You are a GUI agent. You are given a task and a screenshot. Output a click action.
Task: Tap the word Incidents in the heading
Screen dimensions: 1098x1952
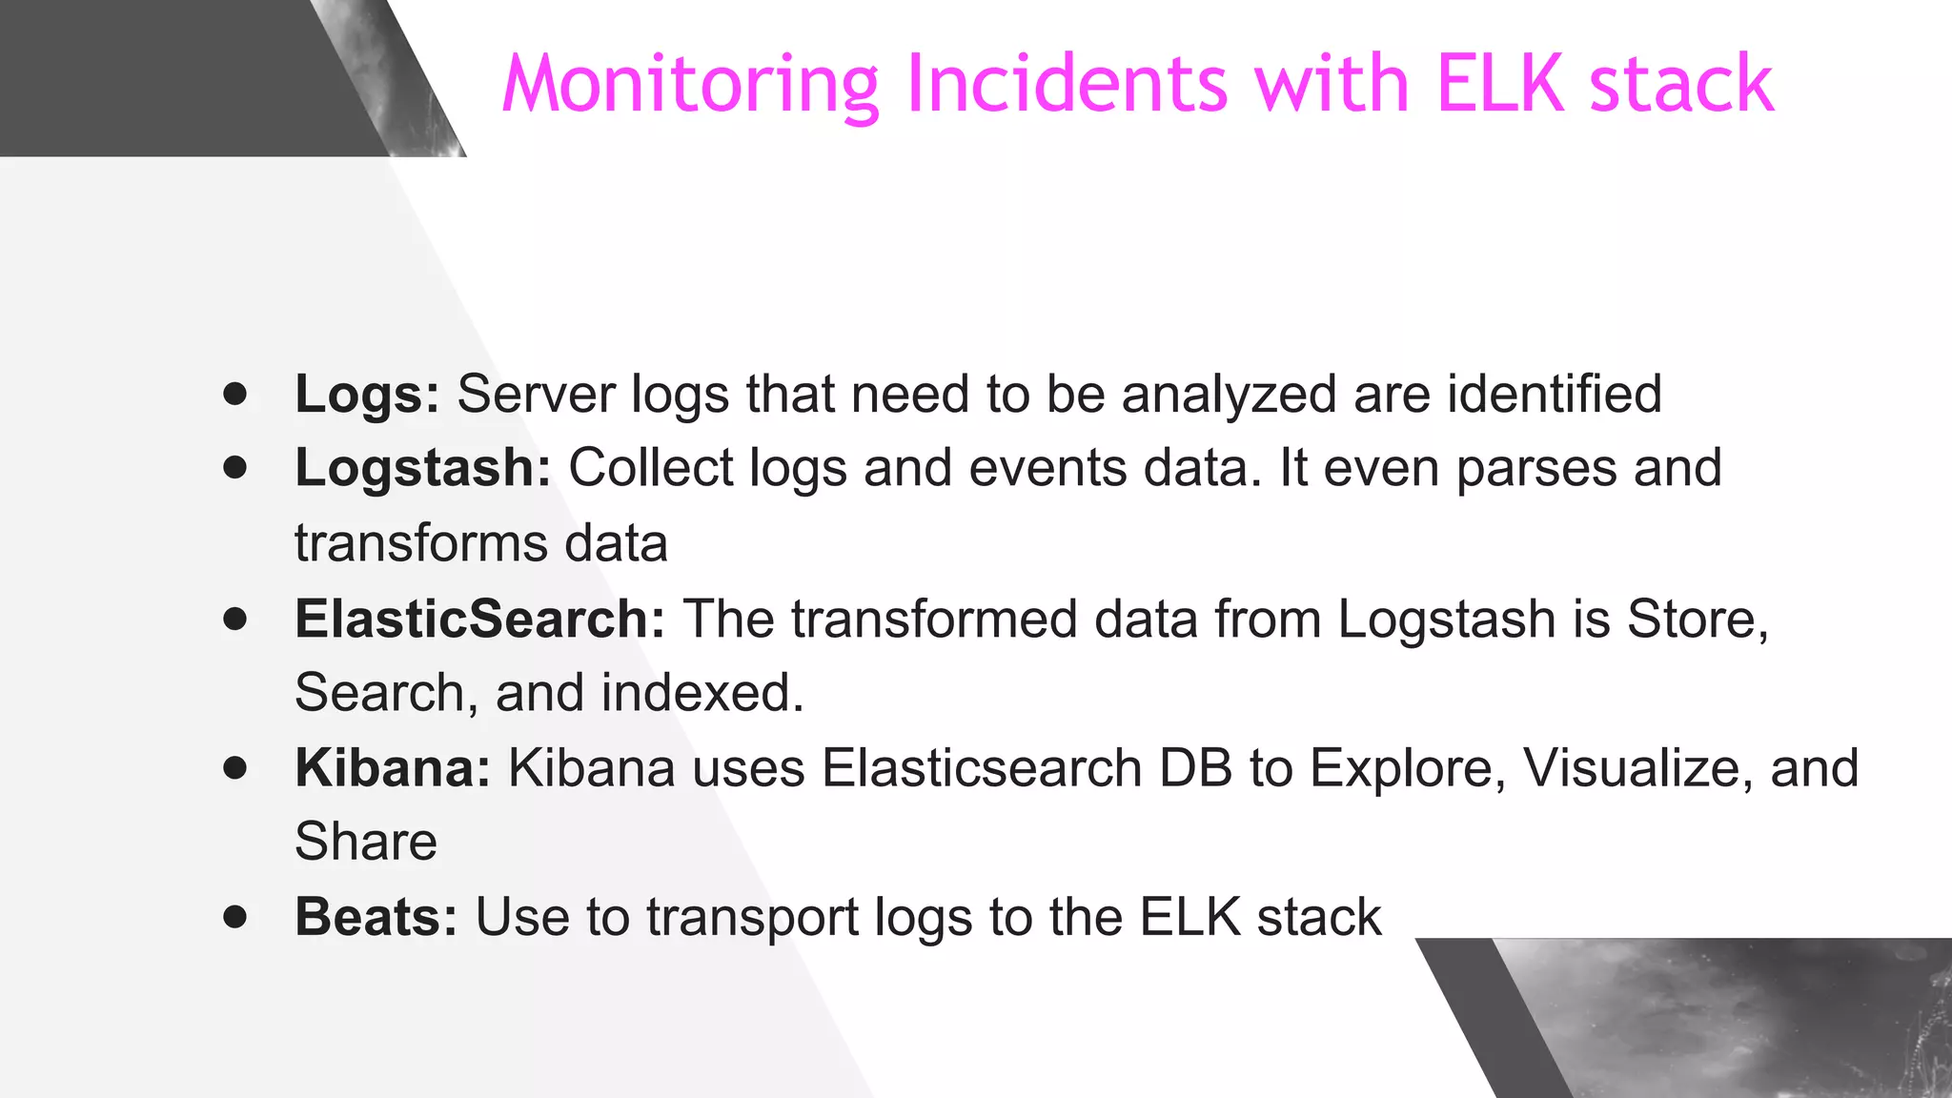point(1067,84)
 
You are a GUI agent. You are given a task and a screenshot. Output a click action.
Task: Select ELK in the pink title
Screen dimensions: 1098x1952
point(1499,84)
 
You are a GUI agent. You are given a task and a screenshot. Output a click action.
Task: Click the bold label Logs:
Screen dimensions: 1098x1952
point(367,395)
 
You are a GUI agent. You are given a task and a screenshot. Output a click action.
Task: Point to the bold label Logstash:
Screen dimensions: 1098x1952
point(422,469)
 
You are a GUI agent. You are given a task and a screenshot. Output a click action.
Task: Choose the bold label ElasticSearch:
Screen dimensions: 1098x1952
point(479,619)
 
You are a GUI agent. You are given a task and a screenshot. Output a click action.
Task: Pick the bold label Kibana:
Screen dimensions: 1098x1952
point(392,768)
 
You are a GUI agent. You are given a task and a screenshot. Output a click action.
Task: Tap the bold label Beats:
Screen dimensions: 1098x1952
point(376,917)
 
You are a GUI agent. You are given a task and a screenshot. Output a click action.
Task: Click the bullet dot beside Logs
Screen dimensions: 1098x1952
point(234,394)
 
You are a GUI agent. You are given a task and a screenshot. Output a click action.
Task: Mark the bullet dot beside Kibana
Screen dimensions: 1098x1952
point(234,767)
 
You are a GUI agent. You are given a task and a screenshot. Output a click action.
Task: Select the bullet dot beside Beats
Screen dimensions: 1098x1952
point(234,917)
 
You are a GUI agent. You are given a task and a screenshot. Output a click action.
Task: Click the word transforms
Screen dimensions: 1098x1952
point(420,543)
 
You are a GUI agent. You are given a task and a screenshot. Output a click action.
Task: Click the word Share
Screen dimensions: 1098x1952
point(366,842)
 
